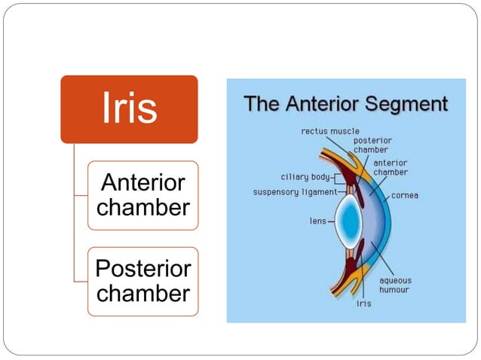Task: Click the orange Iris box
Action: click(129, 108)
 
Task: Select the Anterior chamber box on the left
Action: click(143, 195)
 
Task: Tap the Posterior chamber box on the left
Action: click(143, 281)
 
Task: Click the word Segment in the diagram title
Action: click(406, 103)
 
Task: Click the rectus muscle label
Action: click(330, 131)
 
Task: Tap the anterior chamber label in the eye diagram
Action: click(391, 167)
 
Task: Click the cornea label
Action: click(405, 196)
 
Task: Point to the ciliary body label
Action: click(305, 178)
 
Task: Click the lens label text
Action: click(317, 221)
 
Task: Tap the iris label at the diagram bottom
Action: click(363, 305)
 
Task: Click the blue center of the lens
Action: click(348, 222)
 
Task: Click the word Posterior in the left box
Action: click(143, 270)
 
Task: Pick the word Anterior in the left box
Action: click(143, 184)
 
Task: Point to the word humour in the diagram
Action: click(395, 290)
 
